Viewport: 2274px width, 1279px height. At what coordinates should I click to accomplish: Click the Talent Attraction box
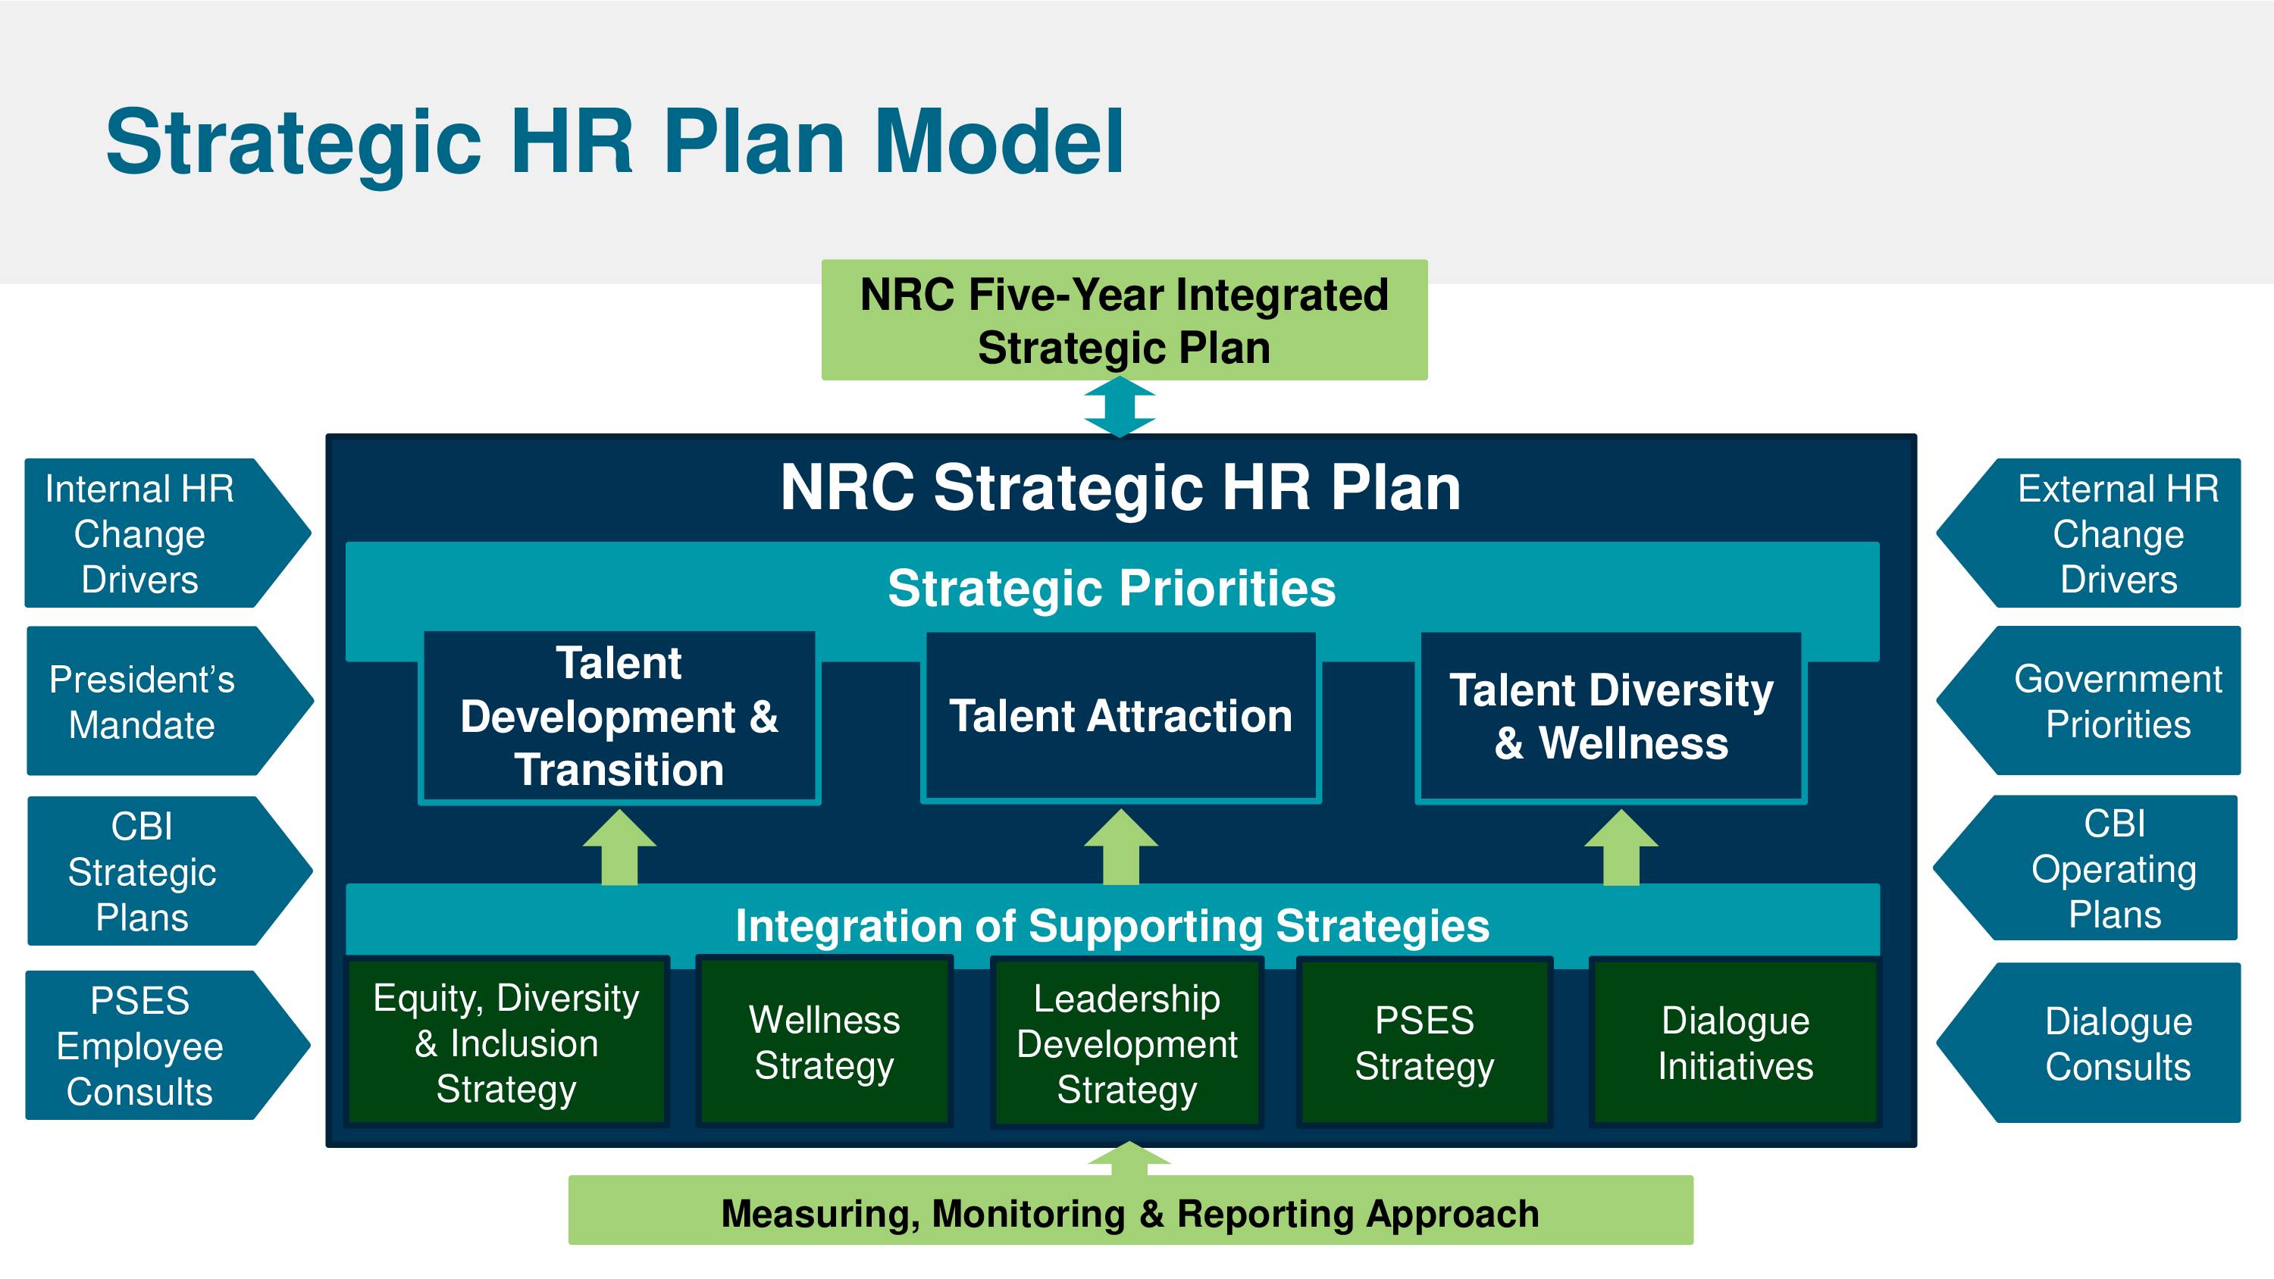(1120, 717)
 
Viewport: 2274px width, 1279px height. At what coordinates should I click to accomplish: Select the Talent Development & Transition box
(619, 717)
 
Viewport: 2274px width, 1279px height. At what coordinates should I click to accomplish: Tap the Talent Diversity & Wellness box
(1611, 717)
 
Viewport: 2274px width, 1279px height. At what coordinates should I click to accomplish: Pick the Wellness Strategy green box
(825, 1042)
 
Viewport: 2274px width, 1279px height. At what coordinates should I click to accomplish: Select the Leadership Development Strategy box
(1127, 1043)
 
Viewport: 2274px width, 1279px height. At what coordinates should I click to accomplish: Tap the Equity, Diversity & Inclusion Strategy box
(506, 1043)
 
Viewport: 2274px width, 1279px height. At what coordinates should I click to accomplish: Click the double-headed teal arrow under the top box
(1120, 407)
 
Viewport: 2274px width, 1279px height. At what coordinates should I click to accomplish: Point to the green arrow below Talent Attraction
(1120, 847)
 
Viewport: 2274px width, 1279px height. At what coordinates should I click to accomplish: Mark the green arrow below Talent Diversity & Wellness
(1621, 847)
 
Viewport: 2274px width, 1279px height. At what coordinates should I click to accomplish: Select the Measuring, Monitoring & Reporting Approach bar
(1131, 1210)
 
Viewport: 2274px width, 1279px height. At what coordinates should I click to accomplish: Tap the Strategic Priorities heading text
(1111, 588)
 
